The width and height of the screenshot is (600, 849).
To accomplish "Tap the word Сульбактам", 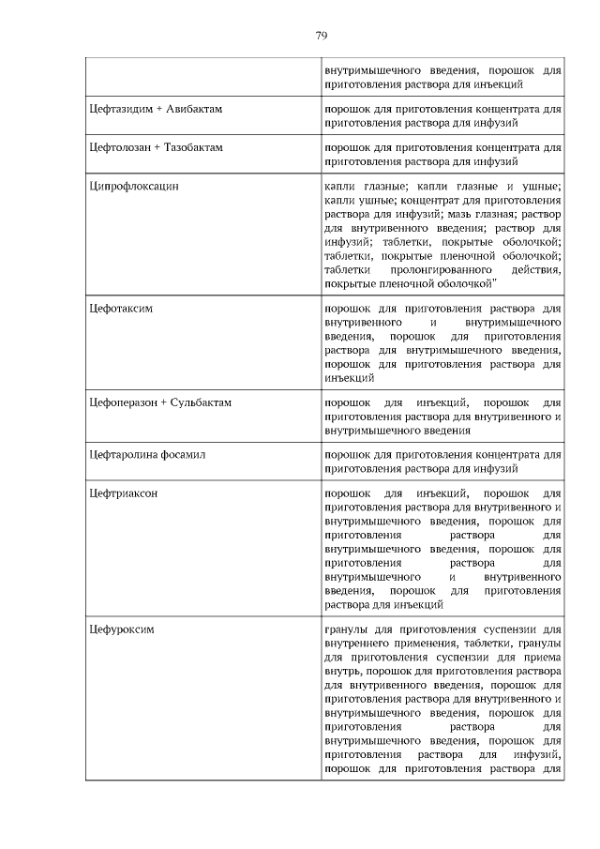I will tap(201, 402).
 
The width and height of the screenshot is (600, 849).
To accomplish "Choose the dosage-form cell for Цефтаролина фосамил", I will tap(442, 462).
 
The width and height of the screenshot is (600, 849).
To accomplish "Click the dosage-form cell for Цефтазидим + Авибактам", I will tap(442, 115).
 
